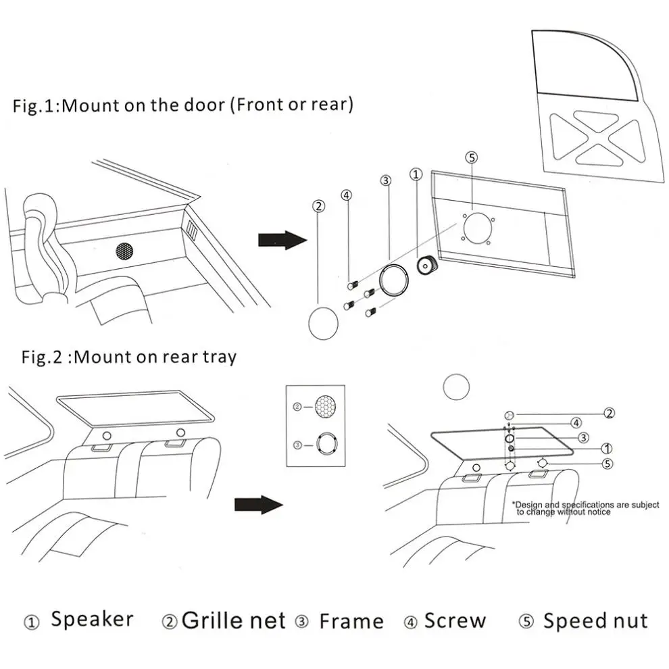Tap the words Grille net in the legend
(234, 620)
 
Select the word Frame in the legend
(351, 620)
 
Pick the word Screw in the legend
(455, 620)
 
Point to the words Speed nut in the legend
(595, 620)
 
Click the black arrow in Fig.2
(257, 504)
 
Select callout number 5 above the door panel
(472, 157)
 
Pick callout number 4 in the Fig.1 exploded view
(347, 196)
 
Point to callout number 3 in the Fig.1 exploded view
(385, 180)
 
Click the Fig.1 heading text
(182, 105)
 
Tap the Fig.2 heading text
(129, 356)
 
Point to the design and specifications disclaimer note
(585, 508)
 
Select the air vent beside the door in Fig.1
(193, 230)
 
